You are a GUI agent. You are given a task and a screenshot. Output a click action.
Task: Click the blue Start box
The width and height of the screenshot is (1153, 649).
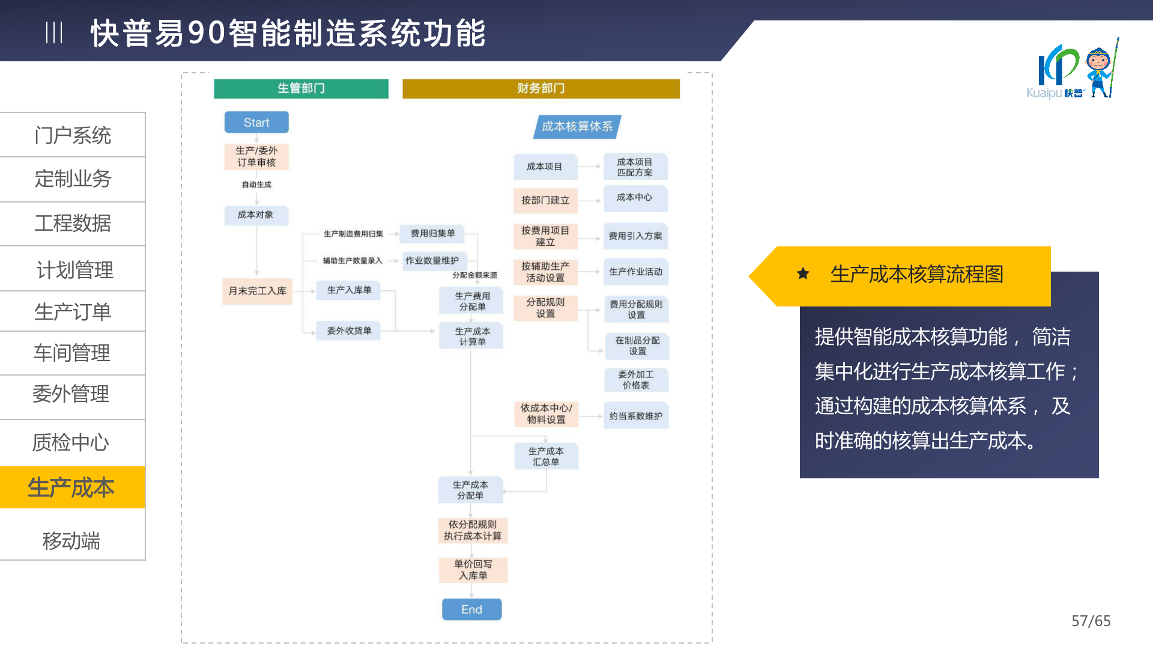coord(256,123)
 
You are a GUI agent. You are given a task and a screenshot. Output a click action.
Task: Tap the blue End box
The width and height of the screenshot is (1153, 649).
coord(471,609)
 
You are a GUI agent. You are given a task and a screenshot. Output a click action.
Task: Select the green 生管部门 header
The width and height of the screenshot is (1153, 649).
coord(301,88)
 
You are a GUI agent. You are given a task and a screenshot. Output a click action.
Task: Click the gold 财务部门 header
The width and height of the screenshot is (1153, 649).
coord(540,88)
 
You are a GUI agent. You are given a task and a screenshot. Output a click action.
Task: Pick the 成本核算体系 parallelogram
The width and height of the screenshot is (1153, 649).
coord(577,127)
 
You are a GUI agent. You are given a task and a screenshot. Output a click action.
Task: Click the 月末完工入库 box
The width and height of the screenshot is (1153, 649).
coord(257,291)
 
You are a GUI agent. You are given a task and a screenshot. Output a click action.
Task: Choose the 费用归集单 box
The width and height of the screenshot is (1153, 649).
coord(432,233)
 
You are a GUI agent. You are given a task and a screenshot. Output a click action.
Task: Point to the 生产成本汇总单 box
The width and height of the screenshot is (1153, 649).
coord(546,456)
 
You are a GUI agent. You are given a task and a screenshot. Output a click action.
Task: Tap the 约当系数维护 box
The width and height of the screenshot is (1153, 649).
coord(635,416)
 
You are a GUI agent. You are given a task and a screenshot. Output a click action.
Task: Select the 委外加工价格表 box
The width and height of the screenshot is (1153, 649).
coord(636,380)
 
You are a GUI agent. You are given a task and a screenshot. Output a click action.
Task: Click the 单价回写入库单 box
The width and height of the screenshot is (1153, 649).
coord(473,570)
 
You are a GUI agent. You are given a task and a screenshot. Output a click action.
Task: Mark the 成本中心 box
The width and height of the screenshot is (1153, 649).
coord(635,198)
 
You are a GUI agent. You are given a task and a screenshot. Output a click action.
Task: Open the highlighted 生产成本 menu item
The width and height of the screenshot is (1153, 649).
coord(71,487)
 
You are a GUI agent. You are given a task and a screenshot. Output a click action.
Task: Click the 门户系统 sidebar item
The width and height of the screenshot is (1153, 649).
coord(73,135)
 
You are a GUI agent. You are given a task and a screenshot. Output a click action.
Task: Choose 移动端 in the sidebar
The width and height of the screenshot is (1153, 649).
coord(71,541)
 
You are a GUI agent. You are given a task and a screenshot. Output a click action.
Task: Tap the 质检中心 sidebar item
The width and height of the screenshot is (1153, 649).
coord(71,442)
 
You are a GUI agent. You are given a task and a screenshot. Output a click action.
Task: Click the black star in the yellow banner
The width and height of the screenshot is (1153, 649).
coord(803,274)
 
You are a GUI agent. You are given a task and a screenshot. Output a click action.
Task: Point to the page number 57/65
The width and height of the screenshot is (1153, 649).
coord(1091,621)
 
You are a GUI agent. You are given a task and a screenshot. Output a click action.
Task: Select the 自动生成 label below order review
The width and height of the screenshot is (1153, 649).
coord(256,184)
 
